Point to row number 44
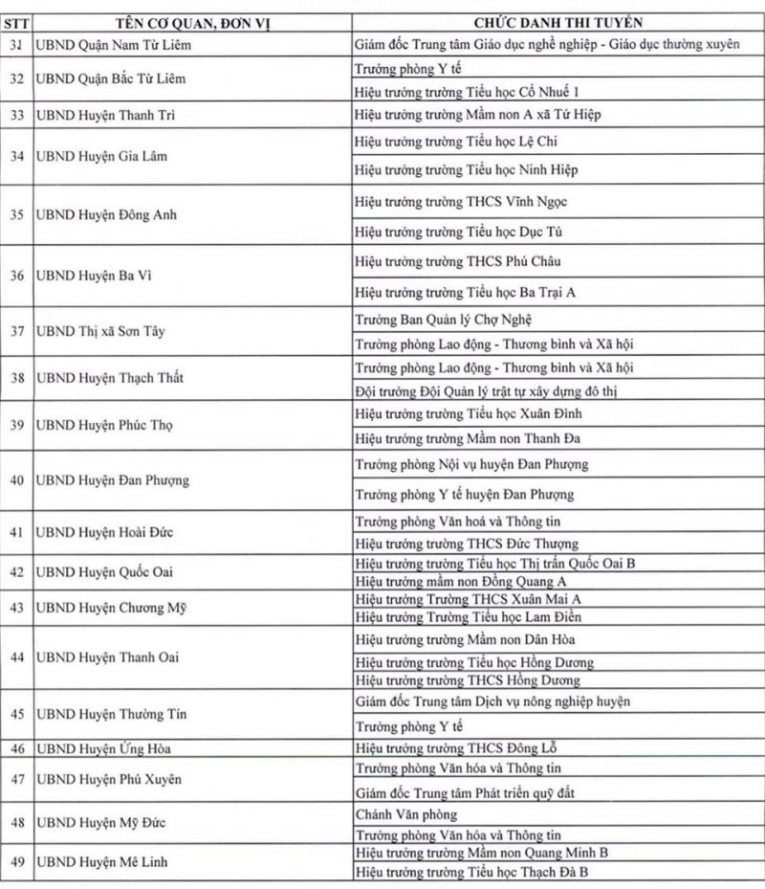point(16,657)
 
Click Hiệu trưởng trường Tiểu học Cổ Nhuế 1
point(467,92)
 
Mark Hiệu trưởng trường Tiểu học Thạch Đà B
point(470,873)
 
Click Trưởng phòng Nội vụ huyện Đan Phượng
point(471,464)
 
